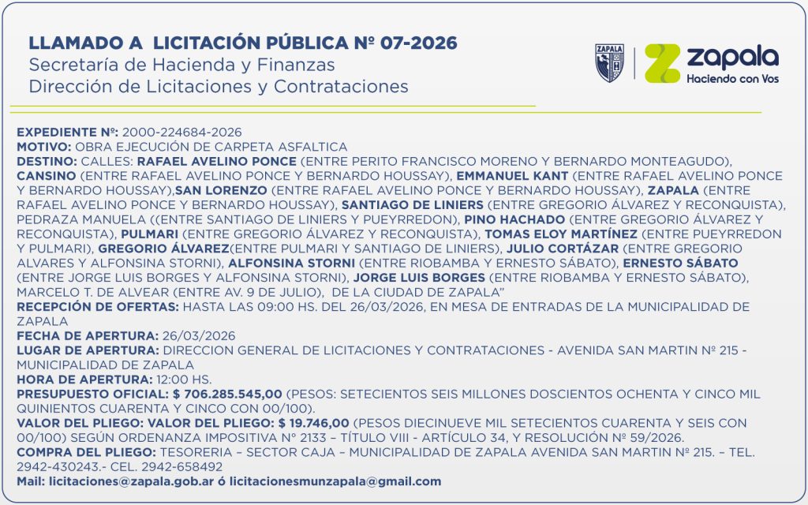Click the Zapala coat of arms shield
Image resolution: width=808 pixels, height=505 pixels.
[x=609, y=63]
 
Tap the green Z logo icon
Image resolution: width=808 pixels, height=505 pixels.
[x=662, y=63]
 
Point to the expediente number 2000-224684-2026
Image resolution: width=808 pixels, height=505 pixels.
[x=181, y=132]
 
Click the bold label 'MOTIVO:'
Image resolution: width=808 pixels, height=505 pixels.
[x=43, y=147]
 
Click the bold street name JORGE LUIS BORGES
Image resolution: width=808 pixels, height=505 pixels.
[x=419, y=278]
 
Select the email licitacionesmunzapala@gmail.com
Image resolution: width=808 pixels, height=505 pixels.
[x=335, y=481]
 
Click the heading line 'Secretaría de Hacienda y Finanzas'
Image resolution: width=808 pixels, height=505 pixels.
[x=181, y=65]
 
